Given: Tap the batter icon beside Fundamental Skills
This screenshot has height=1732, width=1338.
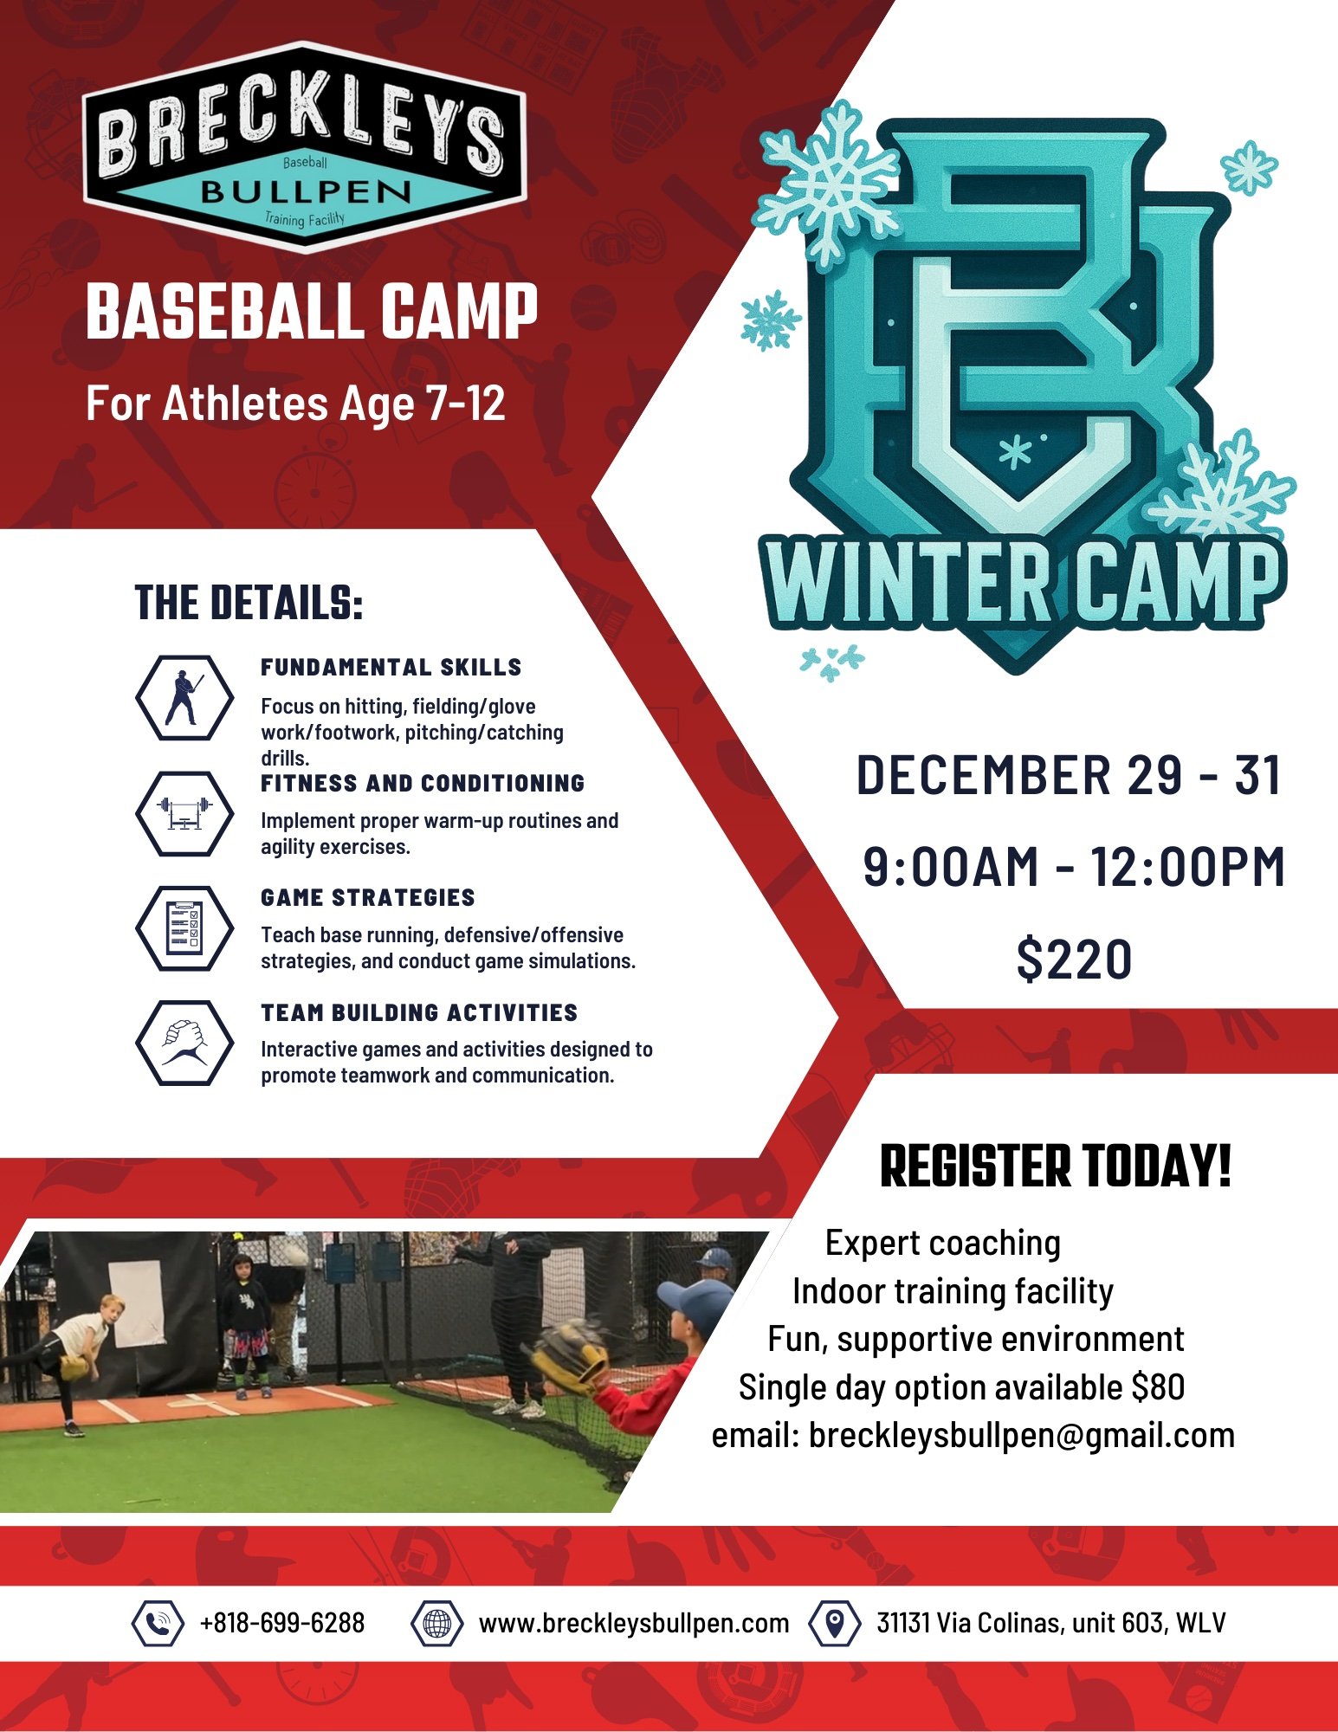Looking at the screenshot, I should point(184,698).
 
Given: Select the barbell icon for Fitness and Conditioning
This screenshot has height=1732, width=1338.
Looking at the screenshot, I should point(184,813).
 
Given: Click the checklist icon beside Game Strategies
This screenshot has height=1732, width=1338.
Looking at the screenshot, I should point(184,927).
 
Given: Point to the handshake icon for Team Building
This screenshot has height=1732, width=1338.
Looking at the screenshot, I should point(184,1042).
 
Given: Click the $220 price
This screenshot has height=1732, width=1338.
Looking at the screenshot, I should point(1074,960).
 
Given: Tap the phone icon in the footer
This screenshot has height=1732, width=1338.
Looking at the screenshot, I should point(158,1623).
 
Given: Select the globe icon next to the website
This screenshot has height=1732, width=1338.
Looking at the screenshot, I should point(437,1623).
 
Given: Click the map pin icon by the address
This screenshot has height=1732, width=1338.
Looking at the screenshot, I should point(834,1623).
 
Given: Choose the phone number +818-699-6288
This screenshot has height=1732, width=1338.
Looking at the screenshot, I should point(282,1623).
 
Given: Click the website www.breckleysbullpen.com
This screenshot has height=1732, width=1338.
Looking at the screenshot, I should point(633,1623).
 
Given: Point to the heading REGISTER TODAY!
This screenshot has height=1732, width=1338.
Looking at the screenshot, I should point(1055,1167).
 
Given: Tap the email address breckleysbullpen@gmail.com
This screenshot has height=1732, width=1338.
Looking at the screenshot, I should point(1022,1435).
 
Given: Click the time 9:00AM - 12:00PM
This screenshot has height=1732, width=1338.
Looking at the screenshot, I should point(1074,867).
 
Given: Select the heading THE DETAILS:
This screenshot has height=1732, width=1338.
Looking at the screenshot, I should point(249,603).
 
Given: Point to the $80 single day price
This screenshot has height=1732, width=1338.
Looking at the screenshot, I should point(1158,1387).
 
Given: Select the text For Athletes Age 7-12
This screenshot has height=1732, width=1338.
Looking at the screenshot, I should point(295,404).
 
